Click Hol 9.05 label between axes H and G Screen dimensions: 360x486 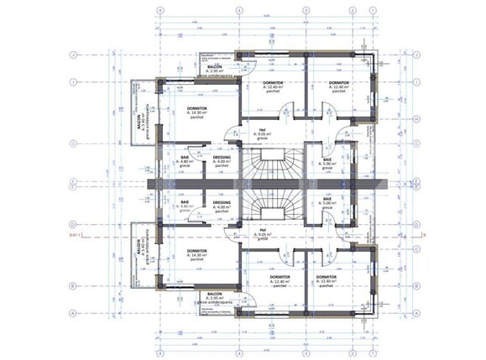click(263, 133)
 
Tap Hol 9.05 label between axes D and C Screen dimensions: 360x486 click(263, 232)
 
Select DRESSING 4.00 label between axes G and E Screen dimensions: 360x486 click(222, 163)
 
